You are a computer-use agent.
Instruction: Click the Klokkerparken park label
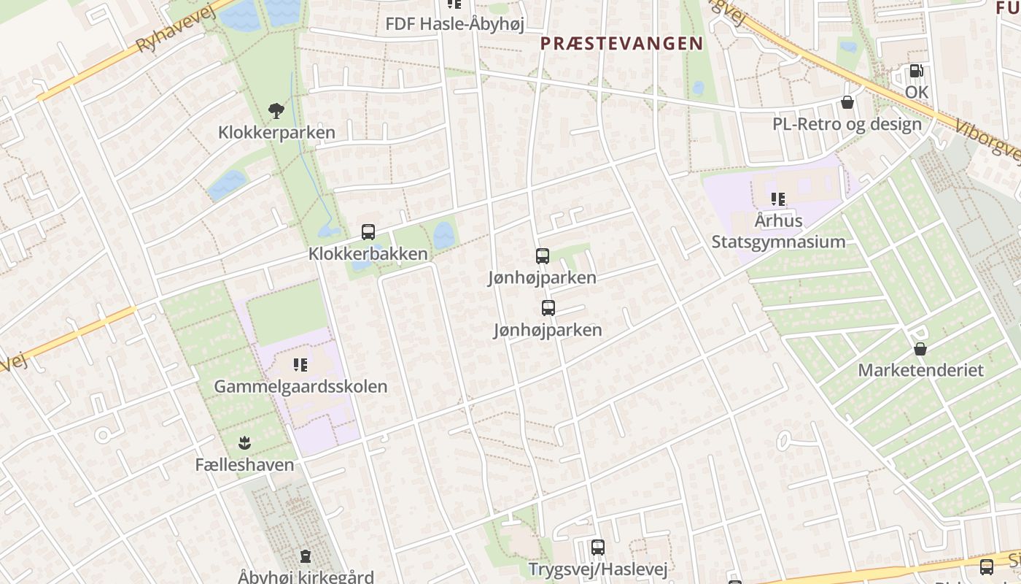tap(276, 132)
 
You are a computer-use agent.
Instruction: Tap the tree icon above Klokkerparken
tap(276, 111)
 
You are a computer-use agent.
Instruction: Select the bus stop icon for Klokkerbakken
tap(368, 232)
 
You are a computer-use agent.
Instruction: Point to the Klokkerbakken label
tap(368, 254)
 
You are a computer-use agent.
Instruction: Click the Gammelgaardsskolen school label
tap(300, 386)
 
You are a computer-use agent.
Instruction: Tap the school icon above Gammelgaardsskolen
tap(300, 364)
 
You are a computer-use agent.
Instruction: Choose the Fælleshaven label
tap(244, 464)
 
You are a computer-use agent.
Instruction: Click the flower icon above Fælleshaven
tap(244, 442)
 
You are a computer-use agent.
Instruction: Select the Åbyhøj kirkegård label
tap(306, 576)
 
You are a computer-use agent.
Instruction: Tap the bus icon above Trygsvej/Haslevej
tap(598, 547)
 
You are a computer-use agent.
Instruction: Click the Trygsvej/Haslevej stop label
tap(598, 569)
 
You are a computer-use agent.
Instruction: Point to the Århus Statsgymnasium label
tap(778, 231)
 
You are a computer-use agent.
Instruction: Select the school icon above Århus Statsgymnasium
tap(778, 199)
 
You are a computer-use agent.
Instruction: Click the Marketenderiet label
tap(920, 370)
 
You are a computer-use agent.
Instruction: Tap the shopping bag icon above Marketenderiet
tap(920, 348)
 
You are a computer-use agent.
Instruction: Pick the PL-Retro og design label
tap(847, 124)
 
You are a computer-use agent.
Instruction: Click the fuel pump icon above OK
tap(916, 71)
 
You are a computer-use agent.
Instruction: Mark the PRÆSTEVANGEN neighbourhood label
tap(621, 43)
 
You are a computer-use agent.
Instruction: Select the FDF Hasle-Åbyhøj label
tap(454, 24)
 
